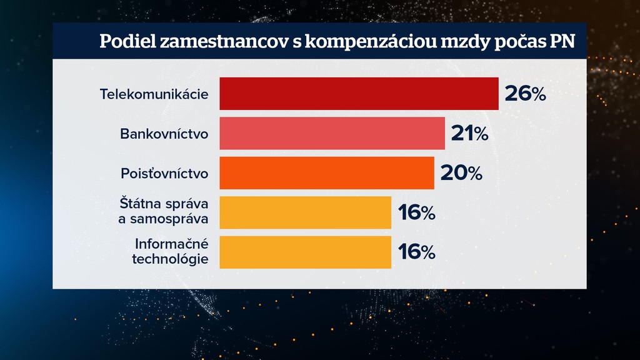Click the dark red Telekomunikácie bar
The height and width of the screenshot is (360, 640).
pos(359,94)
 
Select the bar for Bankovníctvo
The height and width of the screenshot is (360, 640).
pos(332,133)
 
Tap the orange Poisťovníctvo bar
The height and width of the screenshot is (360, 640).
pos(326,172)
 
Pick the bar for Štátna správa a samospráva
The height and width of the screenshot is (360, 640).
pos(305,212)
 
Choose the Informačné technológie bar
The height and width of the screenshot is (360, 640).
pos(305,252)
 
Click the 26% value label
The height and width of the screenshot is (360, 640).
pos(525,94)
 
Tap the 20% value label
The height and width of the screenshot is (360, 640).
pos(461,173)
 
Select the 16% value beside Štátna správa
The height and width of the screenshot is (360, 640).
pos(416,213)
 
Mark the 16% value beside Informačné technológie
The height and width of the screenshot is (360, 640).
pos(416,252)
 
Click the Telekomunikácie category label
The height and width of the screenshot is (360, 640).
pos(154,94)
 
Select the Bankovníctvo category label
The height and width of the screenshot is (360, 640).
pos(164,134)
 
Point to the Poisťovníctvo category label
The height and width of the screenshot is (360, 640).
pos(164,173)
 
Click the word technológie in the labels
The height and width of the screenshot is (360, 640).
pos(170,259)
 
